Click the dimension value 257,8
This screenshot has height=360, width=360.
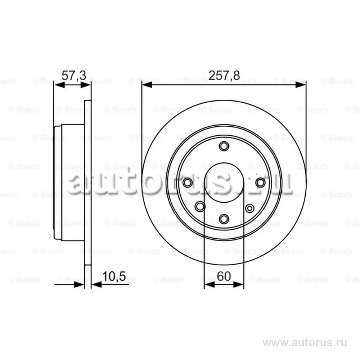pos(224,75)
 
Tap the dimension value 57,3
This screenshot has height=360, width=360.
pos(74,75)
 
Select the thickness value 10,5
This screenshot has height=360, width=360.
pos(114,276)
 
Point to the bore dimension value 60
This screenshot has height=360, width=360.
pos(224,276)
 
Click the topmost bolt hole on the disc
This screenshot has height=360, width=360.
pos(224,146)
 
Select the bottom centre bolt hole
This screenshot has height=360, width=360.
pos(224,219)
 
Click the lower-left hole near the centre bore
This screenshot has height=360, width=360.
pos(200,206)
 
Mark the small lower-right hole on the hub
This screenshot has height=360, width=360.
pos(249,208)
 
